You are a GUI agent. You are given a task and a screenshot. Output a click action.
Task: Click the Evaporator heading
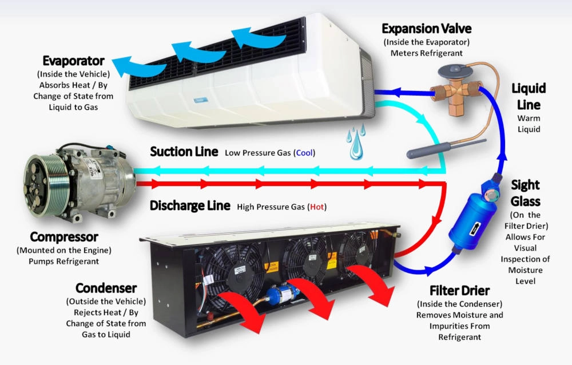point(73,61)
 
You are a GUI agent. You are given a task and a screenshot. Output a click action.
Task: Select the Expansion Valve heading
point(427,29)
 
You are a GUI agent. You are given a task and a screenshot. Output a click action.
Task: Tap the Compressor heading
point(64,236)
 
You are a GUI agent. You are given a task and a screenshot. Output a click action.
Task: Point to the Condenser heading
point(106,288)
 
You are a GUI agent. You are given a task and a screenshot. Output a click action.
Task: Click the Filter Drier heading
point(460,290)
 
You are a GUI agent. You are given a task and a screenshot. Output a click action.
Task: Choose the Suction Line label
point(184,152)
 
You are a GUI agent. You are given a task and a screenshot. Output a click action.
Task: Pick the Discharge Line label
point(190,205)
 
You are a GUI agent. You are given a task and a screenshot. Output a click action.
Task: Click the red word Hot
point(316,207)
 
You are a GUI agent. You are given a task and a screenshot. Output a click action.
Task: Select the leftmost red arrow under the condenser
point(243,310)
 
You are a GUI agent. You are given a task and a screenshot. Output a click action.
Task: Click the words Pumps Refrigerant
point(64,261)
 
